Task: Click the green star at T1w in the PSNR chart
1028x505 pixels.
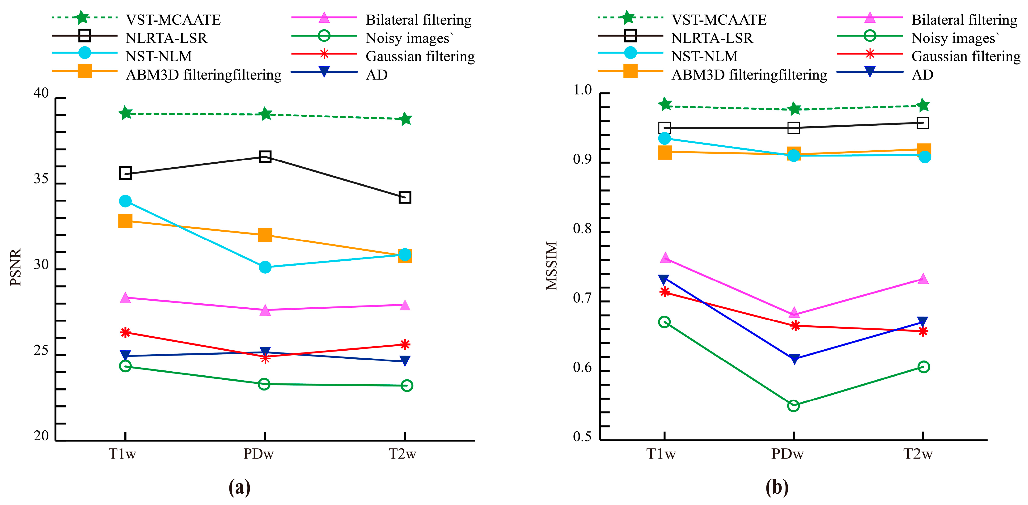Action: coord(125,113)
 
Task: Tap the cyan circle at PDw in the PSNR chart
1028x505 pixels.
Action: coord(265,267)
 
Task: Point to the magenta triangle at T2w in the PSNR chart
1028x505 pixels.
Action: coord(405,306)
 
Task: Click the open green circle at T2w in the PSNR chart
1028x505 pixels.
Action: coord(406,386)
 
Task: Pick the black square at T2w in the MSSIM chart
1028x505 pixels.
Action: coord(923,123)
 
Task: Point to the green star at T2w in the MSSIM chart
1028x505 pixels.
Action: coord(923,105)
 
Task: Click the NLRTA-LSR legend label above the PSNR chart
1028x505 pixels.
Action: coord(166,38)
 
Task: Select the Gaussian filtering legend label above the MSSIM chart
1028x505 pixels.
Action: coord(966,56)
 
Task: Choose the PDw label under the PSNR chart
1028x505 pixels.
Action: coord(259,454)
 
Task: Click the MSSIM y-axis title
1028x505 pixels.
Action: coord(551,265)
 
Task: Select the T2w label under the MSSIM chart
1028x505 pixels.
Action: coord(918,454)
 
